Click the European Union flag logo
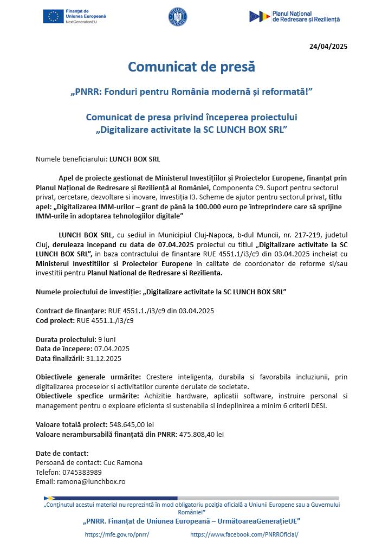54,17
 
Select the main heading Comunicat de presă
191,67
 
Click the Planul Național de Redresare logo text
306,16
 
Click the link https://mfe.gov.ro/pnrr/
117,534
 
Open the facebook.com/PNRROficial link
252,534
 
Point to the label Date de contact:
62,453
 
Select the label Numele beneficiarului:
72,159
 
